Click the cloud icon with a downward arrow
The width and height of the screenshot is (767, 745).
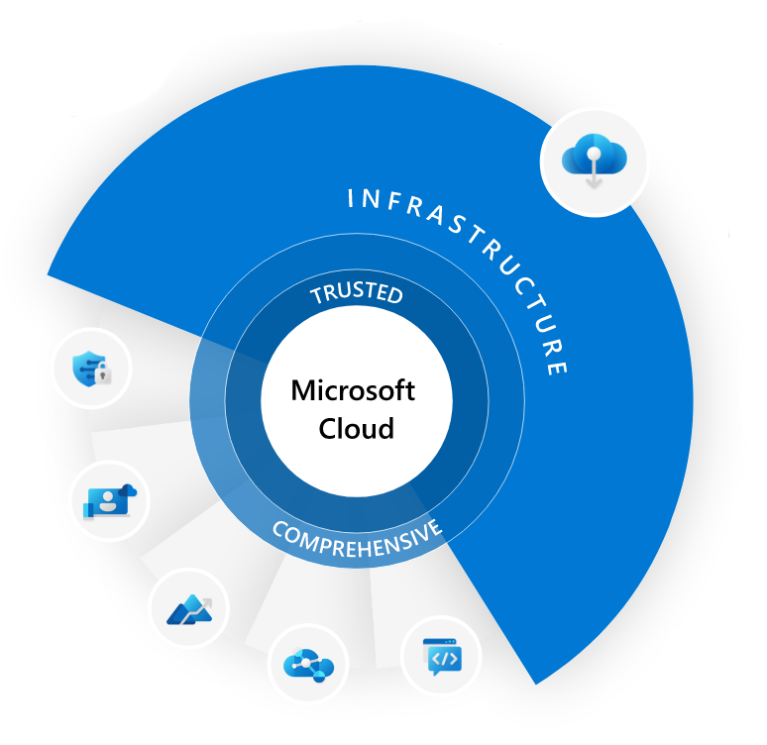pyautogui.click(x=595, y=160)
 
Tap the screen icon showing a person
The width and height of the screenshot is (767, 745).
pyautogui.click(x=109, y=500)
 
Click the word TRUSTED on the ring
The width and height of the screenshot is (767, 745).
pyautogui.click(x=357, y=293)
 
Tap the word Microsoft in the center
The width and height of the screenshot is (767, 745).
pyautogui.click(x=353, y=390)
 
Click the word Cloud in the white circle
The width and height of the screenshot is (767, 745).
pyautogui.click(x=356, y=428)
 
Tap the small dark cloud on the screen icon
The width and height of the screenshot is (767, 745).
pyautogui.click(x=126, y=489)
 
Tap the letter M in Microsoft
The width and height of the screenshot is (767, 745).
pyautogui.click(x=301, y=390)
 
